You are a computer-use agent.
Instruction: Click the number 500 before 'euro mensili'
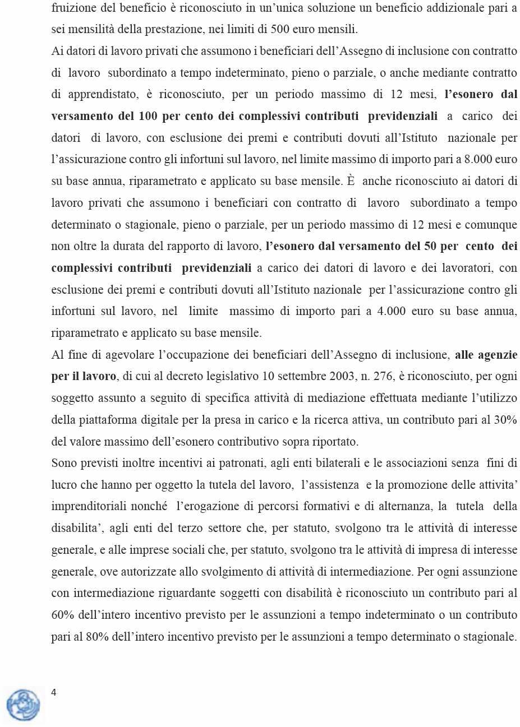280,29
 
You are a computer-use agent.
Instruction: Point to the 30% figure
505,420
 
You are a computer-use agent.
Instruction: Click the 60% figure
63,615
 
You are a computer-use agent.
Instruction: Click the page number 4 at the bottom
54,692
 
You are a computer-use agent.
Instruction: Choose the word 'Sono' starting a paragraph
63,464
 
